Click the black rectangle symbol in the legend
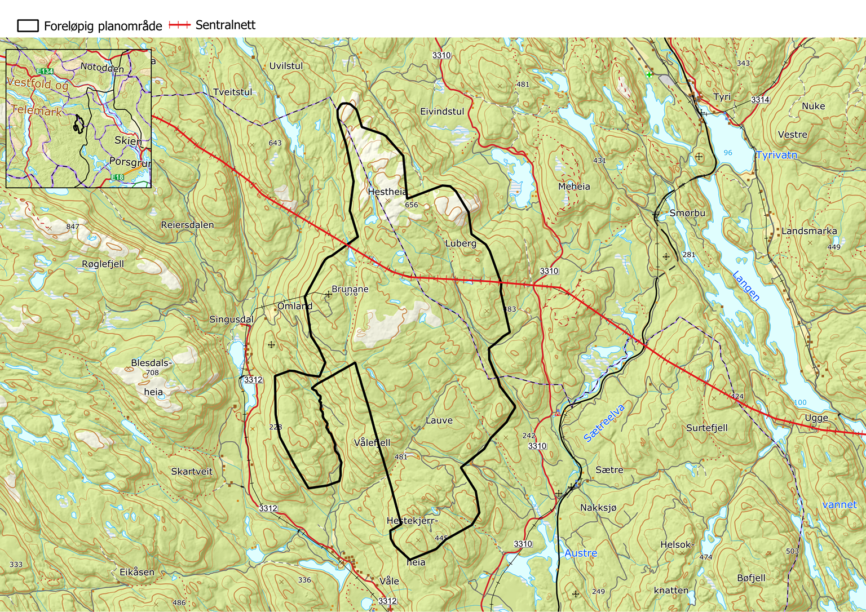pos(28,25)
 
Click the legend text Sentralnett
pos(225,25)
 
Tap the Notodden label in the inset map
pos(101,68)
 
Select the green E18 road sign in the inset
pos(117,178)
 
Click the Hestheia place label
pos(387,192)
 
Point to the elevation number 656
pos(412,205)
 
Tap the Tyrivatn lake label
pos(776,155)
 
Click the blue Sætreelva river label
pos(604,423)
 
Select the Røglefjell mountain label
pos(103,264)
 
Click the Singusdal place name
pos(231,320)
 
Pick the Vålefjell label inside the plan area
pos(372,442)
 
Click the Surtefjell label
pos(706,428)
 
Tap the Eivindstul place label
pos(442,112)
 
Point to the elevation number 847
pos(72,227)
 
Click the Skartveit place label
pos(192,471)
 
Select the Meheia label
pos(574,187)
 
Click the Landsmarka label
pos(809,231)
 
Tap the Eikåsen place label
pos(136,572)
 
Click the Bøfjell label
pos(751,578)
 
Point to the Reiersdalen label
pos(187,225)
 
